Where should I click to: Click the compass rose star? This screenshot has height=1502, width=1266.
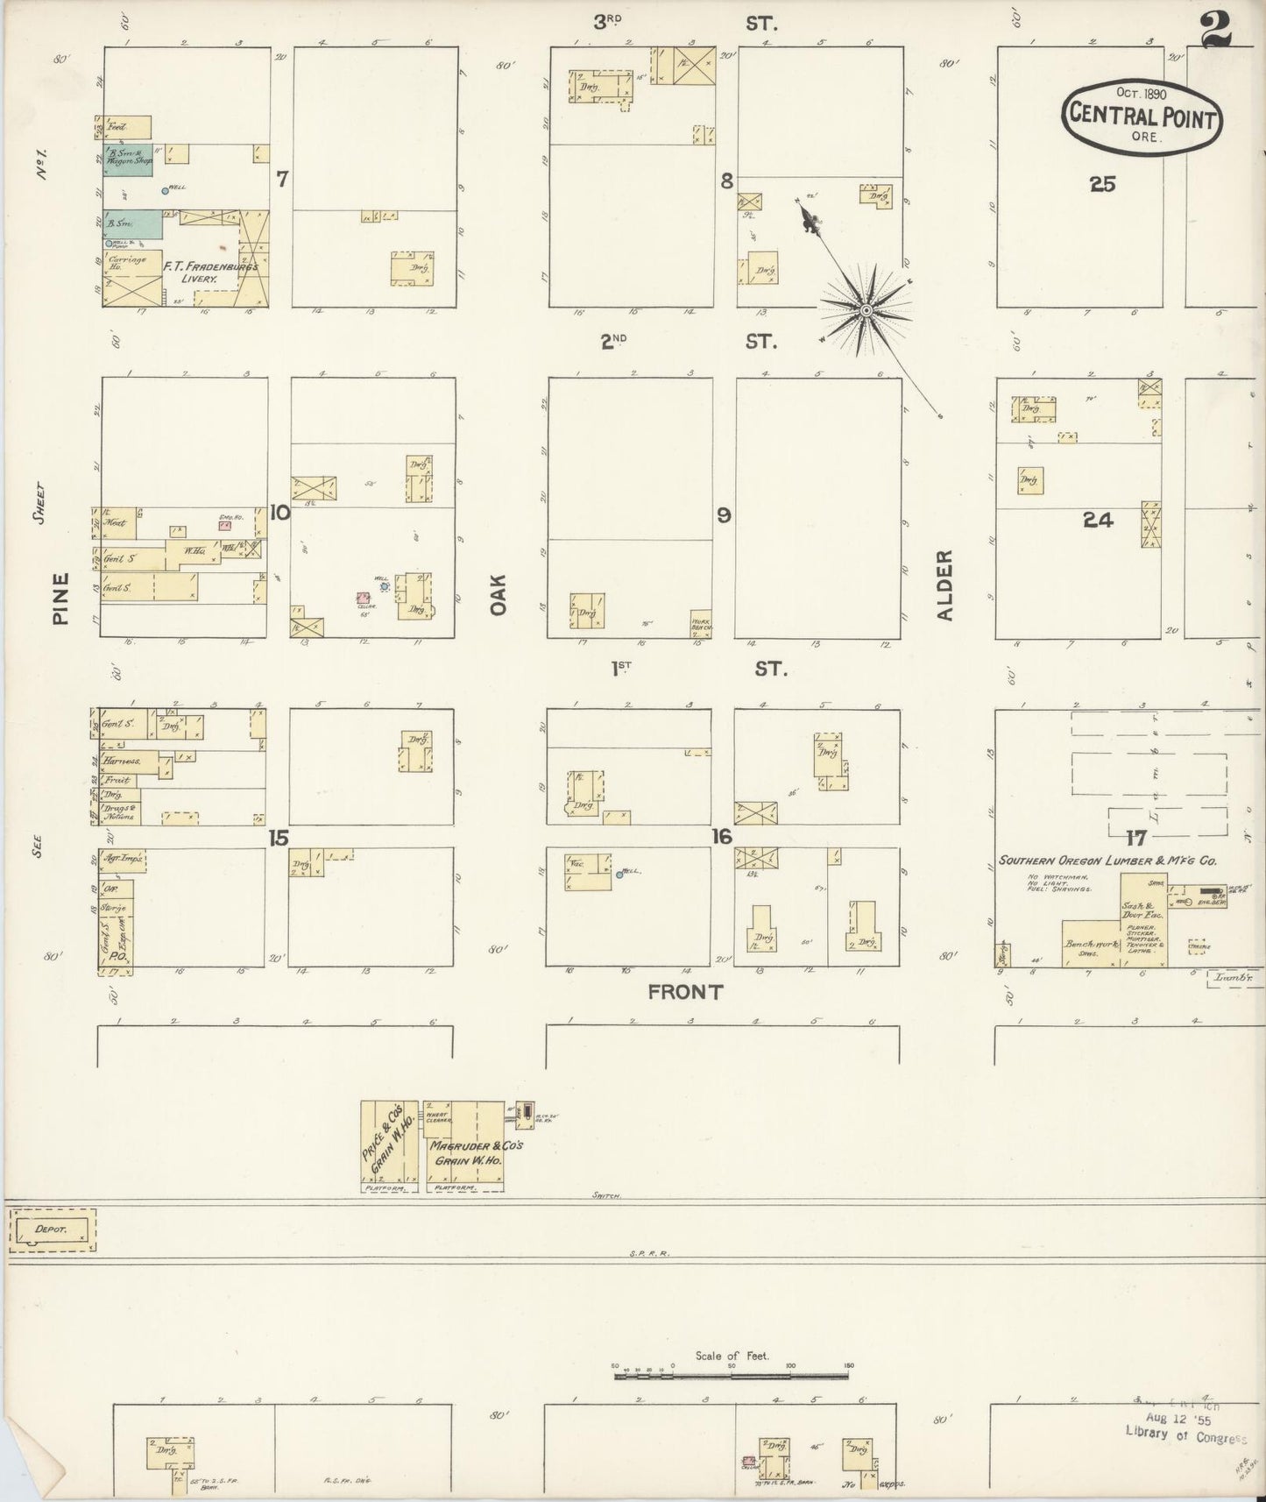click(x=866, y=311)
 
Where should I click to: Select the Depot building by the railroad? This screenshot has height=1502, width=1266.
click(x=52, y=1229)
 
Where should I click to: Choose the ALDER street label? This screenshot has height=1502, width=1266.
click(x=944, y=585)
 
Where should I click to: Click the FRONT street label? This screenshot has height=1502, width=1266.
click(x=686, y=991)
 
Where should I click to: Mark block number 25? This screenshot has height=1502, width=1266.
click(x=1102, y=184)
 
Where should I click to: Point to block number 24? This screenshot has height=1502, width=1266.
click(x=1097, y=520)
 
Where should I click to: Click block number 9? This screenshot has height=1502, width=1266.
click(x=724, y=515)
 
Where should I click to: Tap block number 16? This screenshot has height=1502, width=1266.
click(x=721, y=837)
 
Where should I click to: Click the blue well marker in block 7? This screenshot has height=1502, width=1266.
click(x=165, y=189)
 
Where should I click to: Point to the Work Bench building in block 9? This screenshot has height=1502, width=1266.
click(x=700, y=621)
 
